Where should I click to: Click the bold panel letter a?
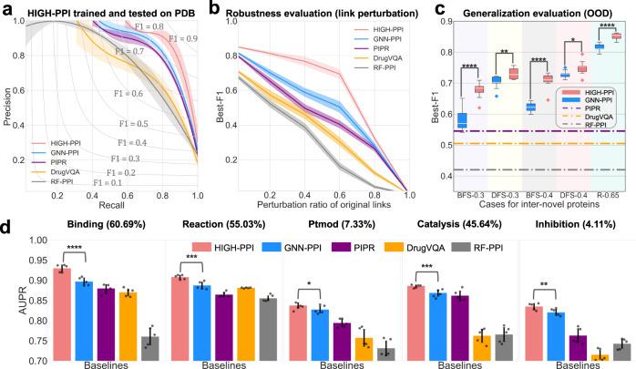point(7,8)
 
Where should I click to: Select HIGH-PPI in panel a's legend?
point(58,144)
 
